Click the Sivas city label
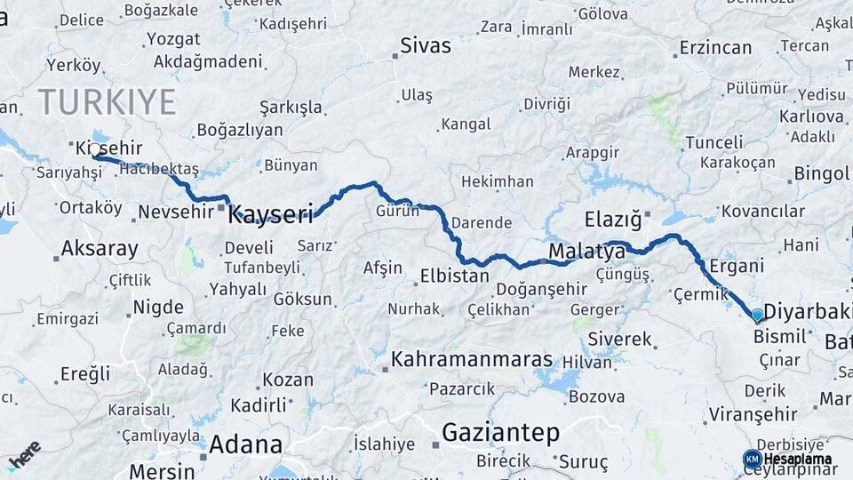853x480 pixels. (426, 45)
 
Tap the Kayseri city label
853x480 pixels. (271, 214)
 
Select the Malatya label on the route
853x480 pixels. (586, 252)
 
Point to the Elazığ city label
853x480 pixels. (613, 218)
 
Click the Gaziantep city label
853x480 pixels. (500, 433)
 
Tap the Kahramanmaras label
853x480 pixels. (472, 360)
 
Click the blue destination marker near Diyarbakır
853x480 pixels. (756, 315)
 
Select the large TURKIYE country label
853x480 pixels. (107, 102)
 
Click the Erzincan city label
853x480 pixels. (716, 47)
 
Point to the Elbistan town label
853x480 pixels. (454, 276)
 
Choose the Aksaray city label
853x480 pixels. (100, 248)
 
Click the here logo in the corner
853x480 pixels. (24, 454)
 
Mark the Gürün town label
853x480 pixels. (397, 212)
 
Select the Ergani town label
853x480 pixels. (737, 266)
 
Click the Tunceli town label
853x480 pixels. (714, 142)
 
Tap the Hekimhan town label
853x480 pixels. (497, 181)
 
